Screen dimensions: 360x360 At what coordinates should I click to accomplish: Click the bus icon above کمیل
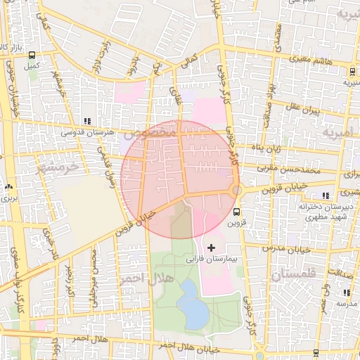32,55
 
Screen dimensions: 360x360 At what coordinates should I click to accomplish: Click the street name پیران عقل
303,110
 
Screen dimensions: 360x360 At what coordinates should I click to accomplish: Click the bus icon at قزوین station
236,210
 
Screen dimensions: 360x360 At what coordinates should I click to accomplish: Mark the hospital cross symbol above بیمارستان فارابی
211,247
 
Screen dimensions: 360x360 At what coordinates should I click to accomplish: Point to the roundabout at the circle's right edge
237,191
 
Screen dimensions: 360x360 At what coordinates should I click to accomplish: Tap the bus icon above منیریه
352,71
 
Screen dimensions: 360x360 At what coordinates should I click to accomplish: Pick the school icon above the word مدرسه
346,292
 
